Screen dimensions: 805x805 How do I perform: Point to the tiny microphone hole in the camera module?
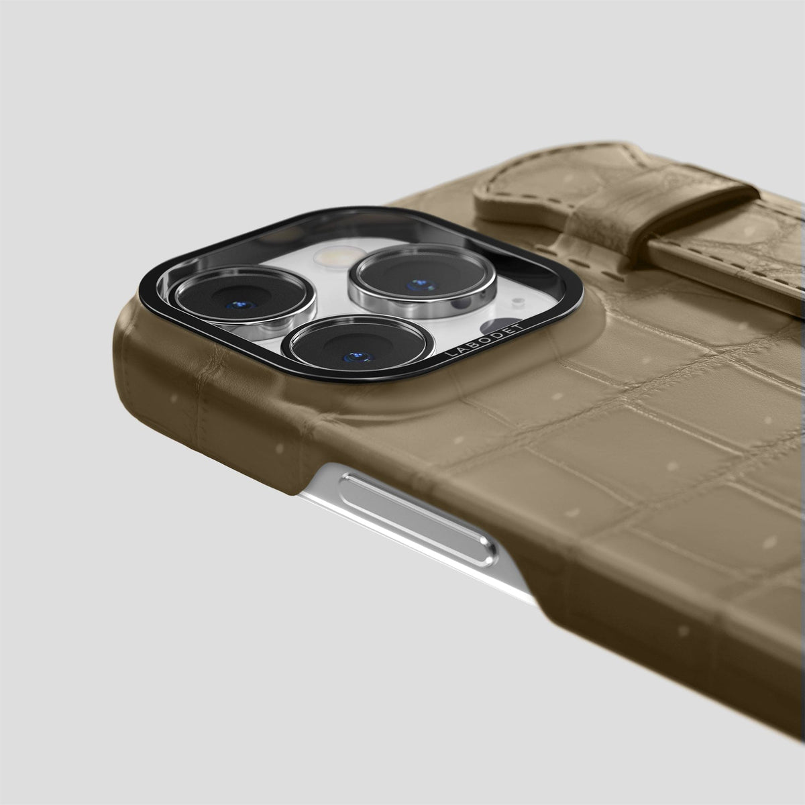click(518, 300)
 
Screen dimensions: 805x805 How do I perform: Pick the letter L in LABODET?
click(449, 354)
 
